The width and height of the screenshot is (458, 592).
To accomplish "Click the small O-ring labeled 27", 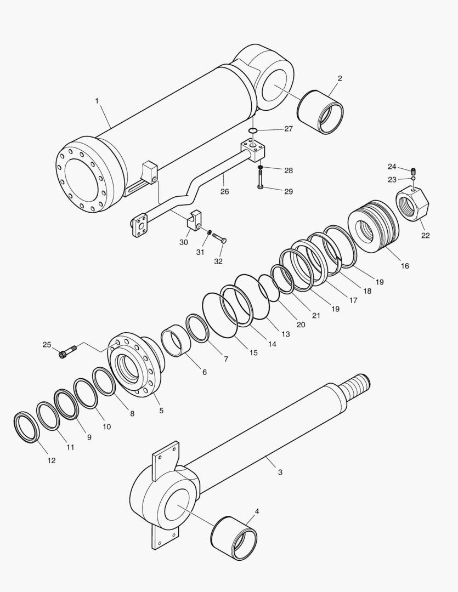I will click(x=252, y=130).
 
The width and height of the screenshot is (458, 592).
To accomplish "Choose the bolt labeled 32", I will click(x=220, y=240).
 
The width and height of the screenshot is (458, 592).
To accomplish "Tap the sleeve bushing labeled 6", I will click(x=177, y=340).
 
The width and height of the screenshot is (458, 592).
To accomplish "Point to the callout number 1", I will click(x=97, y=101).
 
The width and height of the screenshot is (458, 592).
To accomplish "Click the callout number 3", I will click(x=280, y=472).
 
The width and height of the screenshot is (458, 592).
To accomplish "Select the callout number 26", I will click(x=224, y=191).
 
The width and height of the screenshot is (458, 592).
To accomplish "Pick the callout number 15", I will click(x=253, y=353).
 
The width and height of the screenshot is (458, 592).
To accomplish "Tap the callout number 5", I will click(x=161, y=410).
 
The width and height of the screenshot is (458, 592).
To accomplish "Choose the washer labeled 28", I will click(x=260, y=167).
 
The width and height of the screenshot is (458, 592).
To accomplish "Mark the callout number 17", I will click(x=353, y=300).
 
